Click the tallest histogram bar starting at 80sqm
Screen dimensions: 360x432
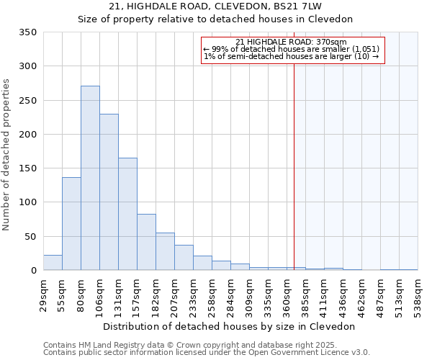pos(90,179)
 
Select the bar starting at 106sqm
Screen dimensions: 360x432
pos(109,193)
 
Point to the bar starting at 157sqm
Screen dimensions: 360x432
pos(146,243)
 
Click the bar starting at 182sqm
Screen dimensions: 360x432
pos(165,252)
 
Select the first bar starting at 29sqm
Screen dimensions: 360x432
pos(53,263)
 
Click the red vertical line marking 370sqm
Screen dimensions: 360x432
pos(294,166)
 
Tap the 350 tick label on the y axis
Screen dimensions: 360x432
pos(27,32)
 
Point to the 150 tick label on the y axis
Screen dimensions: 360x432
pos(27,168)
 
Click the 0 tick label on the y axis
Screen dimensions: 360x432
pos(33,271)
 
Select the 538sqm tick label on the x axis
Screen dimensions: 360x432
pos(418,296)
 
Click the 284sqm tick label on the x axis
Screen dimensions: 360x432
pos(230,296)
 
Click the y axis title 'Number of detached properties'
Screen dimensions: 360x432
pos(7,155)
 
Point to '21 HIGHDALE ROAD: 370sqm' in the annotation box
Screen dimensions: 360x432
pos(291,42)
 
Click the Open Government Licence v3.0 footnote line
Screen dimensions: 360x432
pos(207,352)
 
